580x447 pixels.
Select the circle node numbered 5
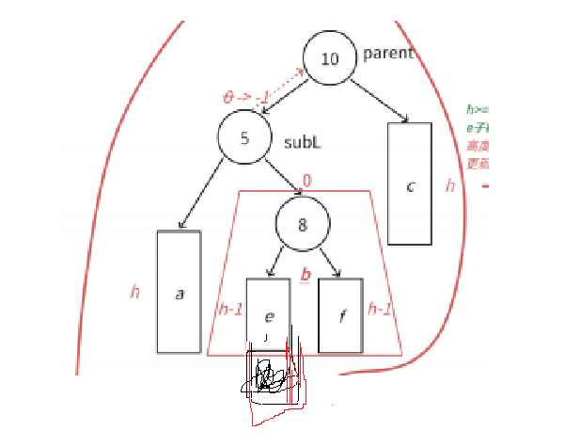tap(244, 138)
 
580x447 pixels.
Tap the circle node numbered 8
tap(303, 223)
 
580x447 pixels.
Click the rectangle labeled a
tap(179, 292)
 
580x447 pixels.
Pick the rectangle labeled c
tap(410, 184)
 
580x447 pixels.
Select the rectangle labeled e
tap(268, 314)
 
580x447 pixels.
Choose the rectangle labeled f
tap(340, 314)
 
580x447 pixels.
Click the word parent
tap(387, 53)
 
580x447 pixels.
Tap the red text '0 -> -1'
tap(246, 96)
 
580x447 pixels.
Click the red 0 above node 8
tap(306, 181)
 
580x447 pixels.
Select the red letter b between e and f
tap(305, 275)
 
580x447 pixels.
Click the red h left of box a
tap(135, 292)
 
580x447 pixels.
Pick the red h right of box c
tap(450, 185)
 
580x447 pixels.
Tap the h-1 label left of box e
tap(230, 309)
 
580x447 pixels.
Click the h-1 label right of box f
tap(381, 308)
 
